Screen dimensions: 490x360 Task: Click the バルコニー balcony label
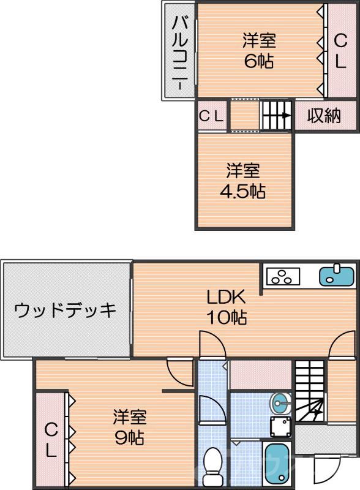[x=179, y=53]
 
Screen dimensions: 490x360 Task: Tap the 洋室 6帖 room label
[x=258, y=51]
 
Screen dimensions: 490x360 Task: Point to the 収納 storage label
[x=324, y=115]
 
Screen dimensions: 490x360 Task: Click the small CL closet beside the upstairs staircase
[x=211, y=116]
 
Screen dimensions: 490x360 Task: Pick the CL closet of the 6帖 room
[x=340, y=50]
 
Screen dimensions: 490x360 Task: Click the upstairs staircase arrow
[x=277, y=115]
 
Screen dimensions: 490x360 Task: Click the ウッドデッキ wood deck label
[x=65, y=310]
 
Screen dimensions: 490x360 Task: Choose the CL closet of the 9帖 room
[x=51, y=441]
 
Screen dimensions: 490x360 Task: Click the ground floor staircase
[x=310, y=392]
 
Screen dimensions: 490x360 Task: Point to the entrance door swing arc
[x=321, y=472]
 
